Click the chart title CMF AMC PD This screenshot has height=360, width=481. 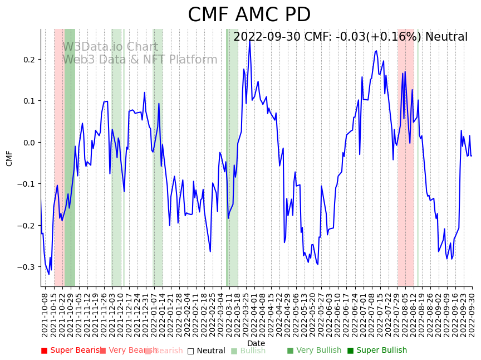click(249, 15)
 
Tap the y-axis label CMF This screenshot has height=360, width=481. click(9, 158)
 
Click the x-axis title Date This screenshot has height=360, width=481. click(256, 343)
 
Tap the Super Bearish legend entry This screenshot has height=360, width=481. click(72, 351)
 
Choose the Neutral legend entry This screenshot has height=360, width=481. click(206, 351)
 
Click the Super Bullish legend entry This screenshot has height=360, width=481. click(377, 351)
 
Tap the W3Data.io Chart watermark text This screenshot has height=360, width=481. click(110, 47)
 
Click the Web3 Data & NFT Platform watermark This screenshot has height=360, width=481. click(139, 60)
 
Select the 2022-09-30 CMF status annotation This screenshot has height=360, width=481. click(350, 37)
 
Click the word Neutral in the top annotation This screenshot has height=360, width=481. click(446, 37)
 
